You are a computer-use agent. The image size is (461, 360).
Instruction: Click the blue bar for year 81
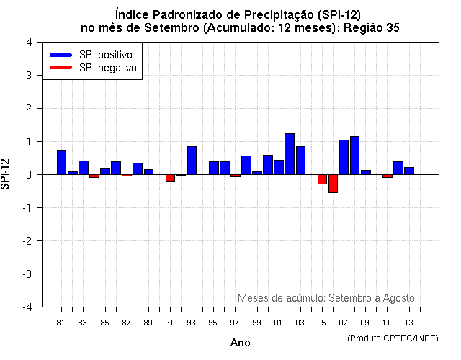(x=61, y=162)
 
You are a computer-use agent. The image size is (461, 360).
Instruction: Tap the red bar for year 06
(x=333, y=184)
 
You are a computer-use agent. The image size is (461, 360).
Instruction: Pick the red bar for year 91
(x=170, y=178)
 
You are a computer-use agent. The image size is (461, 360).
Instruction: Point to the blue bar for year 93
(x=192, y=161)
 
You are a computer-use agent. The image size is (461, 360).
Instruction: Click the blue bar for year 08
(x=354, y=156)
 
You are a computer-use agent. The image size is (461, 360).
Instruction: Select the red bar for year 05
(x=322, y=179)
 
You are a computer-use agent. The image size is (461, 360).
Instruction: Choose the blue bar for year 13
(x=409, y=171)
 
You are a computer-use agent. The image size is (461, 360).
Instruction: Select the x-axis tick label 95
(x=213, y=323)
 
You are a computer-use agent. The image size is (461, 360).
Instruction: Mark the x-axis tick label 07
(x=344, y=323)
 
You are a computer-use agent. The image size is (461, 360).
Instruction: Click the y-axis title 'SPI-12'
(x=6, y=174)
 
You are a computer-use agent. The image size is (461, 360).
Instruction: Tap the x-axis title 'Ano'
(x=240, y=343)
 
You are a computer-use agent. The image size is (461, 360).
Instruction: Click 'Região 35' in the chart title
(x=374, y=27)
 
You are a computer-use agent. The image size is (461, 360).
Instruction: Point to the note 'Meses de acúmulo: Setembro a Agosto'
(x=326, y=298)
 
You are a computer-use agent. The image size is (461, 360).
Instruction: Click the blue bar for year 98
(x=246, y=165)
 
